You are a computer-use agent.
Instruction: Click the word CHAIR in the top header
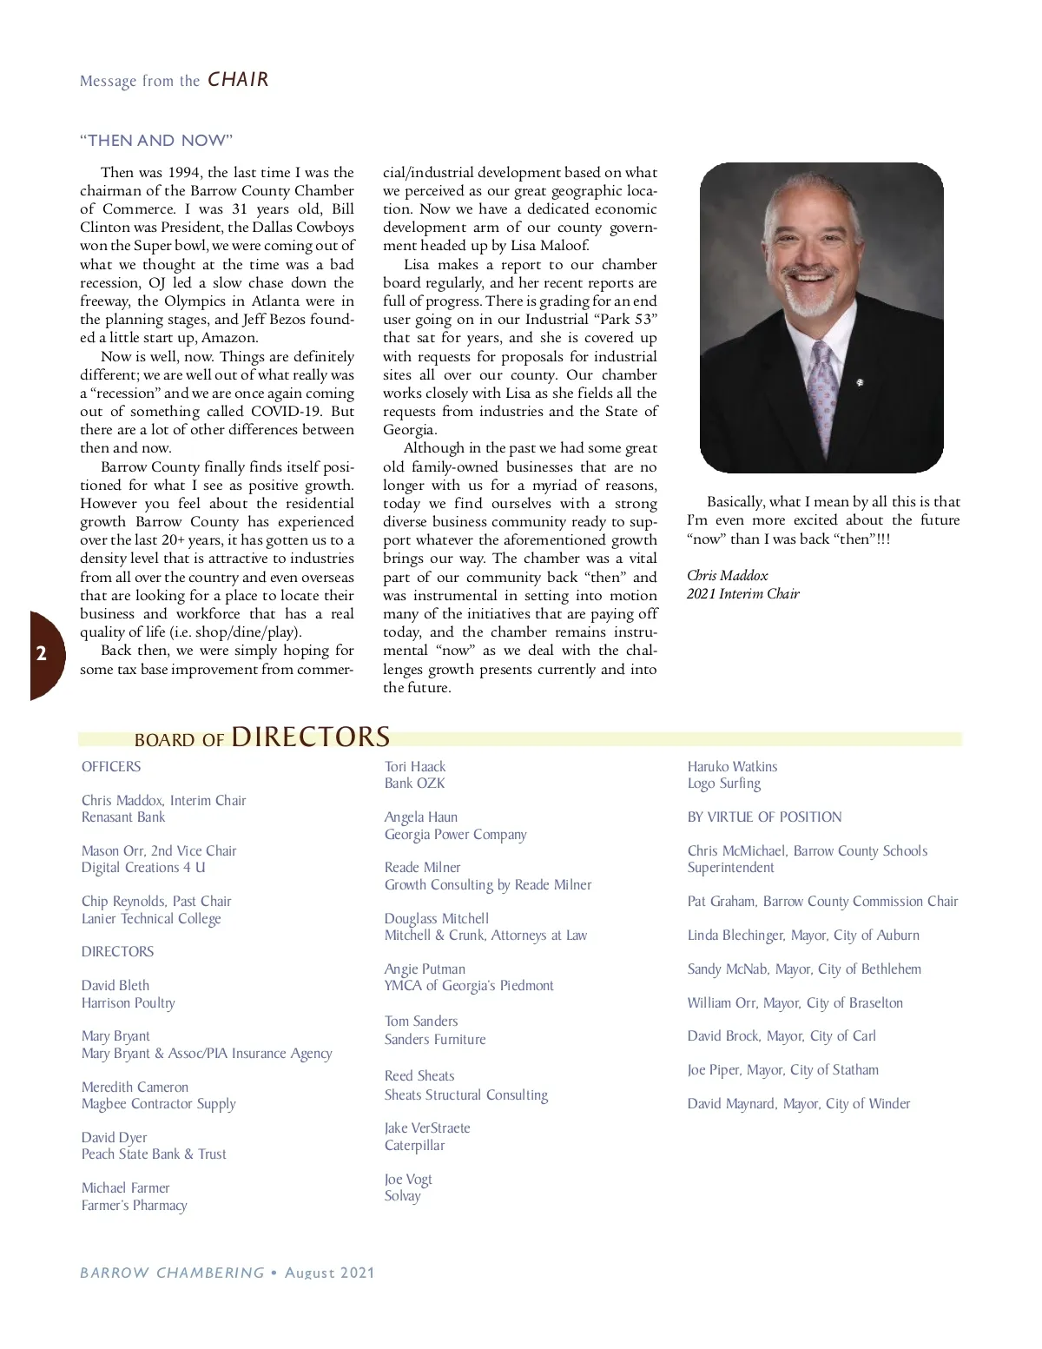[x=238, y=80]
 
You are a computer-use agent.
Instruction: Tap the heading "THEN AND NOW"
[x=156, y=141]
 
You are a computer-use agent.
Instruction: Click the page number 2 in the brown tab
[x=41, y=654]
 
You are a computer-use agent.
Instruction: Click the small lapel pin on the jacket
[x=859, y=382]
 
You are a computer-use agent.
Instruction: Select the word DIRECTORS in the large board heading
[x=310, y=737]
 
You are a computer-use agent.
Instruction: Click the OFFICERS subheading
[x=111, y=767]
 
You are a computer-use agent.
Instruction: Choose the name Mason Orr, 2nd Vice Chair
[x=159, y=851]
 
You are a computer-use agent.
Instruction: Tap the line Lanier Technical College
[x=151, y=918]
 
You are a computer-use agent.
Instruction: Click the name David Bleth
[x=115, y=985]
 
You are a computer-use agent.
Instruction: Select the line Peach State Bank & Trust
[x=154, y=1154]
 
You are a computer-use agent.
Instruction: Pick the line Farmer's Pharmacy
[x=134, y=1205]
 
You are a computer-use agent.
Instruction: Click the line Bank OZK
[x=414, y=784]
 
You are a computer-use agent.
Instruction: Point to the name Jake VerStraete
[x=427, y=1128]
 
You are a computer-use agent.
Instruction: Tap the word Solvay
[x=402, y=1196]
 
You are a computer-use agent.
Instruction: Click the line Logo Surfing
[x=723, y=784]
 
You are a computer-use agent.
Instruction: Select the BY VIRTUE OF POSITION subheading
[x=764, y=817]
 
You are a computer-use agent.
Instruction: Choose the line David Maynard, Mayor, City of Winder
[x=799, y=1104]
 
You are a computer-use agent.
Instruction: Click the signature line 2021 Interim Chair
[x=742, y=594]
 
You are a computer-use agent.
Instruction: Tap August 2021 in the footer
[x=329, y=1273]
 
